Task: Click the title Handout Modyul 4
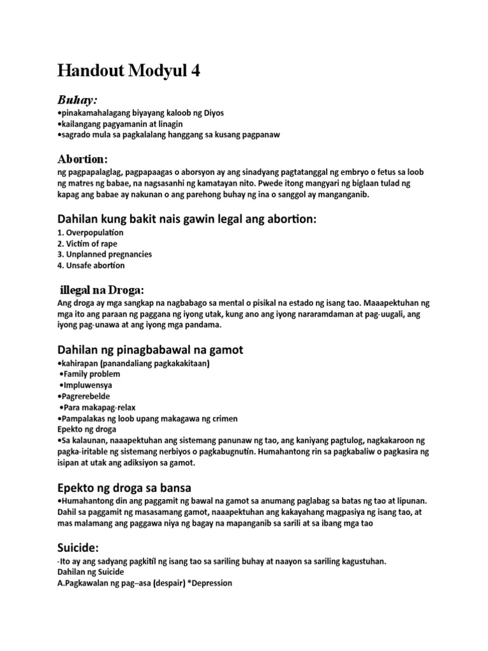tap(128, 71)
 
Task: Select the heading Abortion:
tap(83, 158)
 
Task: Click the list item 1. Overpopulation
tap(90, 233)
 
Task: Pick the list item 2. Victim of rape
tap(87, 243)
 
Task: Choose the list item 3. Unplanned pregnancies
tap(104, 254)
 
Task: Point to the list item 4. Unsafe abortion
tap(91, 265)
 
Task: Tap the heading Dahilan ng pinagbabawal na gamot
tap(150, 350)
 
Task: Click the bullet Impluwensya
tap(86, 385)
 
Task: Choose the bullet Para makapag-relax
tap(98, 407)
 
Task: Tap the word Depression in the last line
tap(210, 583)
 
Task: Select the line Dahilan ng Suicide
tap(92, 572)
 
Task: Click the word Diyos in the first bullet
tap(213, 113)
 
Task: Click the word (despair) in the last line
tap(171, 583)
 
